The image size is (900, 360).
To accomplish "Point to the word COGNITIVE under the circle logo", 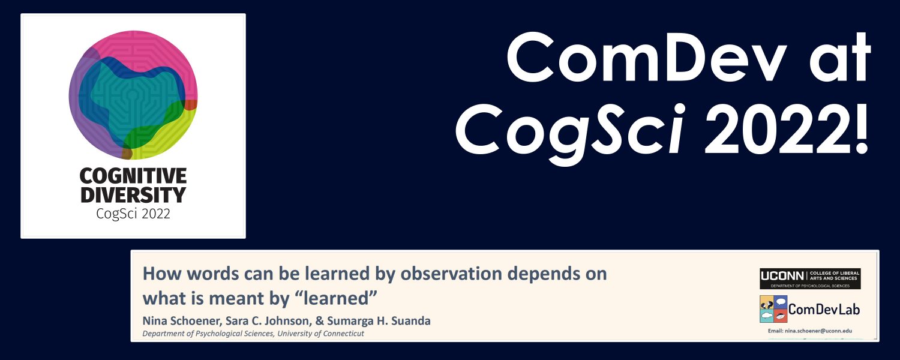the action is click(133, 176).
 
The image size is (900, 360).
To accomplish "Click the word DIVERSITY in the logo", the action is click(133, 194).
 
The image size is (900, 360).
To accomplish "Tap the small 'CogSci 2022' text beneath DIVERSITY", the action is click(133, 214).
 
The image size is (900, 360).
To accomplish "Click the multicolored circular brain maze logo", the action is click(133, 95).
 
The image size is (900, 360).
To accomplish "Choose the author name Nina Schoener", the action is click(181, 321).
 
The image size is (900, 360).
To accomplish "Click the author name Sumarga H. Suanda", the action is click(379, 321).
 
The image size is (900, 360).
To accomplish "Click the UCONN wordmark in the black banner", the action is click(782, 276).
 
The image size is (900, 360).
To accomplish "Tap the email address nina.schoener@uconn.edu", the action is click(809, 331).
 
